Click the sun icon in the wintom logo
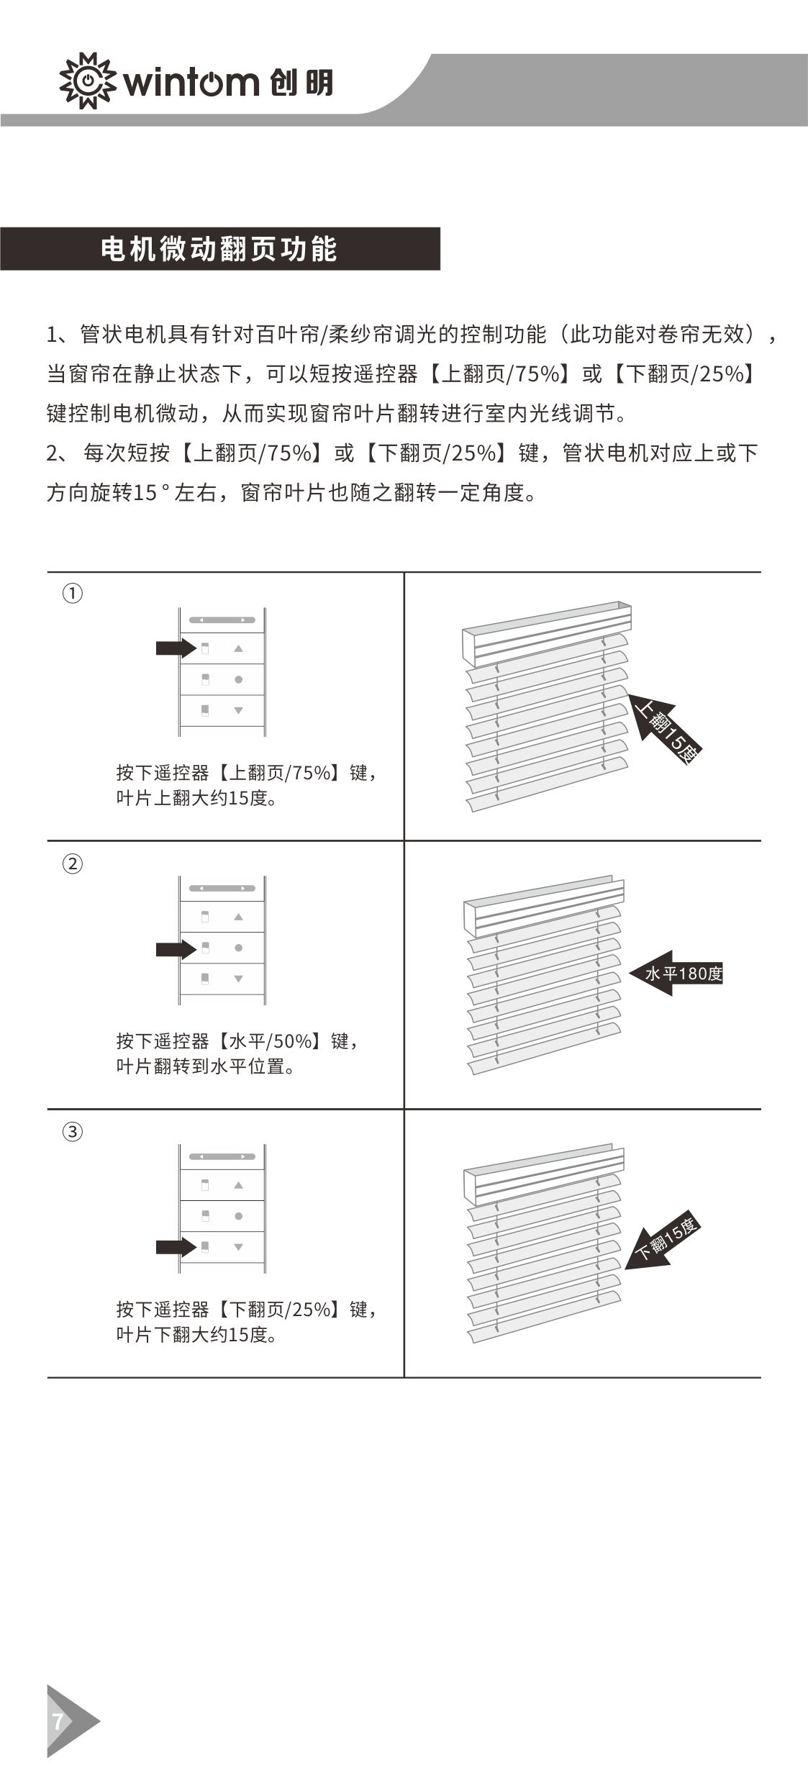(87, 81)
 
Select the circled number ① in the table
(73, 594)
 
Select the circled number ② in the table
(73, 863)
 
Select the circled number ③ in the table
(73, 1132)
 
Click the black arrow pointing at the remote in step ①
(176, 648)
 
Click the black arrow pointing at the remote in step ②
(176, 949)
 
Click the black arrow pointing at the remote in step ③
(176, 1247)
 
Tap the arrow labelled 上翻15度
(663, 727)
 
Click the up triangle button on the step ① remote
(238, 648)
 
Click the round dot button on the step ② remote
(238, 948)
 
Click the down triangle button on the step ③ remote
(238, 1247)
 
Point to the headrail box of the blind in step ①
(547, 633)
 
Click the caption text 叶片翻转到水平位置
(206, 1066)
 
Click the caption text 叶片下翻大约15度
(196, 1335)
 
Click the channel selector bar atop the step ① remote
(222, 620)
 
